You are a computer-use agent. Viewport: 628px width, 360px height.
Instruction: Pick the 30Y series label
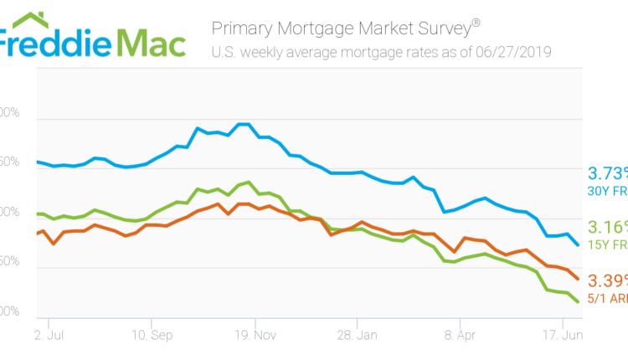coord(608,192)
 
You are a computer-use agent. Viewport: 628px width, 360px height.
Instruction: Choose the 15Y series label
coord(608,244)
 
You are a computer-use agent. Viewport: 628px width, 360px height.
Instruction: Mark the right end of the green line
coord(578,301)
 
